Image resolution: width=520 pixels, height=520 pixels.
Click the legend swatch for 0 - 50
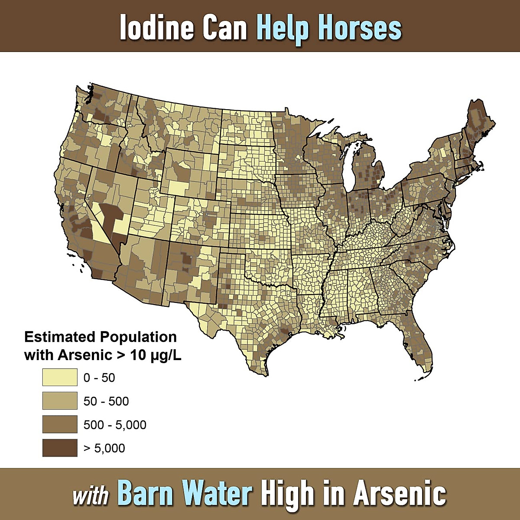pos(60,377)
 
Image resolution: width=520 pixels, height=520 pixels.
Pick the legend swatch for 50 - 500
pos(60,401)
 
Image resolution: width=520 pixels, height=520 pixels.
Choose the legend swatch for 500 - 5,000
pos(60,424)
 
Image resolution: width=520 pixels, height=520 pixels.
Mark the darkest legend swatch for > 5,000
pos(60,448)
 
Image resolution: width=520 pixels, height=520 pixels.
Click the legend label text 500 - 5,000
pos(115,425)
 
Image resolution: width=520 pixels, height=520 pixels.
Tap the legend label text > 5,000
pos(104,448)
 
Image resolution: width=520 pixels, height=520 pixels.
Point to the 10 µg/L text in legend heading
pos(156,355)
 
